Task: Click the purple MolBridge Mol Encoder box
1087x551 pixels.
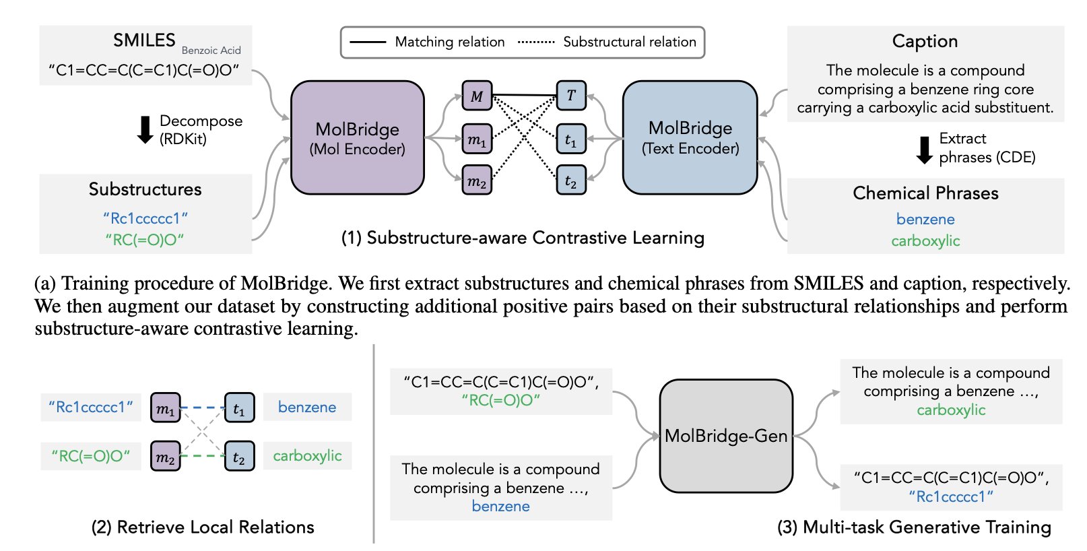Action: pyautogui.click(x=357, y=138)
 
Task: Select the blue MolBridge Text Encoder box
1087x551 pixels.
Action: pyautogui.click(x=690, y=137)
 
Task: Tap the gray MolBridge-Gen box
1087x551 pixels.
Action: pyautogui.click(x=726, y=436)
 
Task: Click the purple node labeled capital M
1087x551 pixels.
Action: pyautogui.click(x=477, y=96)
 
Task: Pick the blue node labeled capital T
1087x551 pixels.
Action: pyautogui.click(x=571, y=96)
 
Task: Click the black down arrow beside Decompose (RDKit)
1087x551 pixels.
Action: pyautogui.click(x=145, y=130)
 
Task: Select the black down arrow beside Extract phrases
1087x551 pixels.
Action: pyautogui.click(x=925, y=149)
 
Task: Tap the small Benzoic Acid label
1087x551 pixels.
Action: pyautogui.click(x=211, y=51)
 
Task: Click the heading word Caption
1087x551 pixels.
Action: pyautogui.click(x=925, y=41)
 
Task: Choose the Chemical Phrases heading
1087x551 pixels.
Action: pyautogui.click(x=925, y=193)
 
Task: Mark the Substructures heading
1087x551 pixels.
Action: pyautogui.click(x=145, y=189)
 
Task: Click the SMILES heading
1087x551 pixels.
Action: pyautogui.click(x=144, y=40)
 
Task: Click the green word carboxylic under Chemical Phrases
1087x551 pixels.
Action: pyautogui.click(x=925, y=240)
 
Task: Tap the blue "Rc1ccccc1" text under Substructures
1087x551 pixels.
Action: pyautogui.click(x=145, y=218)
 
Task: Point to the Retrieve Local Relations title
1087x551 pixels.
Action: pyautogui.click(x=203, y=527)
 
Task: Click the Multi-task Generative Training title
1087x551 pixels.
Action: pyautogui.click(x=914, y=527)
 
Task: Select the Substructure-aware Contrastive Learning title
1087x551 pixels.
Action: pyautogui.click(x=523, y=238)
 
